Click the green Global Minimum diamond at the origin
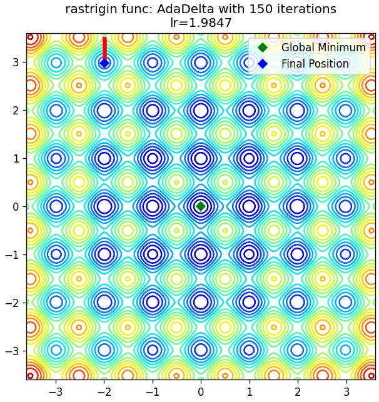click(x=201, y=206)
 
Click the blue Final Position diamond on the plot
click(x=104, y=63)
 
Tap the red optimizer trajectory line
click(x=104, y=49)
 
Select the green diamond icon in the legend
click(x=263, y=48)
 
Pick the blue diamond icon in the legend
click(x=263, y=64)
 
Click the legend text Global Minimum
click(x=323, y=48)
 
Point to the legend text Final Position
click(x=315, y=64)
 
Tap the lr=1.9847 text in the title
click(x=201, y=23)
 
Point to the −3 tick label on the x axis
click(x=56, y=392)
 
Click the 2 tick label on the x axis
click(x=298, y=392)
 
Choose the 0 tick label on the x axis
click(x=201, y=392)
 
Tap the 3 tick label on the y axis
click(x=16, y=63)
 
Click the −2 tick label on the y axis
click(x=13, y=303)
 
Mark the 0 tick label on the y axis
click(x=16, y=206)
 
